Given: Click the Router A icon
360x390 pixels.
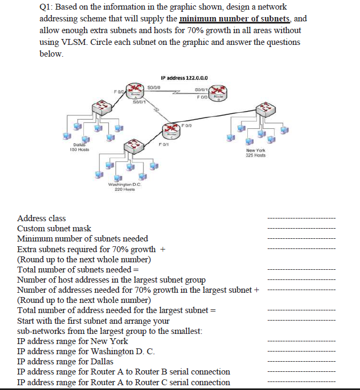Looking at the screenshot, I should click(x=132, y=91).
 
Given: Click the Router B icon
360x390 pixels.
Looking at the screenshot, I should click(x=217, y=95).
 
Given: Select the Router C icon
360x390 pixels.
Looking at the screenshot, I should click(x=171, y=130).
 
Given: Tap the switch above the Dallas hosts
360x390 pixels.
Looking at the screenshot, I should click(x=100, y=110).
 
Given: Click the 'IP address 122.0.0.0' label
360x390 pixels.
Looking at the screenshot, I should click(x=183, y=77).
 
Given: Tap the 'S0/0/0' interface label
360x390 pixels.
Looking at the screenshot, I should click(x=154, y=86).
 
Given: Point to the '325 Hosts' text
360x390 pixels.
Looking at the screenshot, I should click(x=256, y=155).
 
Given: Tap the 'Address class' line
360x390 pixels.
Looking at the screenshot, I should click(x=42, y=218).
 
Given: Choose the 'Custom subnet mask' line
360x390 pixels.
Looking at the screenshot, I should click(x=54, y=228).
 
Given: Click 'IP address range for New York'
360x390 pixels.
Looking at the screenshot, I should click(x=73, y=341).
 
